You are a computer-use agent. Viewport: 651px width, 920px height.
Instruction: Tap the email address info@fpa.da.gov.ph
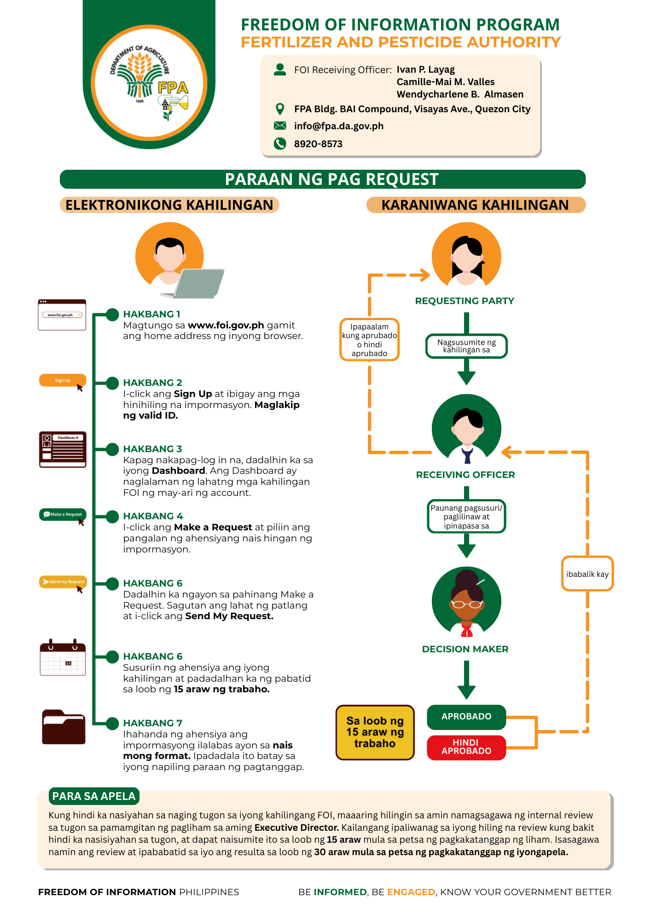click(x=338, y=126)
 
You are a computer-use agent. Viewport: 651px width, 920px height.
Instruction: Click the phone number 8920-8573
click(x=318, y=144)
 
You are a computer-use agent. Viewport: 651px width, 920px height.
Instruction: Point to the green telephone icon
click(x=280, y=144)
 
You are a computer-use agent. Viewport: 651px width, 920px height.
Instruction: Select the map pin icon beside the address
click(x=279, y=109)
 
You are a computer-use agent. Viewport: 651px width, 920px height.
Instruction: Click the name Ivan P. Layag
click(x=425, y=69)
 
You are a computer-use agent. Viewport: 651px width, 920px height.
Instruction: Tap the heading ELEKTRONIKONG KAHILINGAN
click(x=169, y=205)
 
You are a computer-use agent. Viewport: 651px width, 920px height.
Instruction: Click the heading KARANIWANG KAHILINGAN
click(x=475, y=205)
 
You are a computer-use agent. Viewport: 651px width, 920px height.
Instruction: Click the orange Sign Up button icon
click(x=63, y=380)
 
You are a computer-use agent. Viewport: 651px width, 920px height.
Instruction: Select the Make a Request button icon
click(x=63, y=514)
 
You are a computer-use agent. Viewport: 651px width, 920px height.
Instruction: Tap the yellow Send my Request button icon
click(x=63, y=582)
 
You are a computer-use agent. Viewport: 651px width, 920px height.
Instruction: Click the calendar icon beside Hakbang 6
click(x=63, y=658)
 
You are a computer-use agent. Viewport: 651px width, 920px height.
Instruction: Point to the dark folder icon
click(x=64, y=727)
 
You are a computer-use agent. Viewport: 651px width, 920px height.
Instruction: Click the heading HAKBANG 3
click(x=152, y=449)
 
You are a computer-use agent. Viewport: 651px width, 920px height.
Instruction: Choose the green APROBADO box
click(x=466, y=717)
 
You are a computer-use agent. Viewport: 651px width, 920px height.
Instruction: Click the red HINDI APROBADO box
click(x=466, y=747)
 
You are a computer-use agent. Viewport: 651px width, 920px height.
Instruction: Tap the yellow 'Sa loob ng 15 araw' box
click(x=375, y=732)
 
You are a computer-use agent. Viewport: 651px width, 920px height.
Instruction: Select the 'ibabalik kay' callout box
click(x=587, y=574)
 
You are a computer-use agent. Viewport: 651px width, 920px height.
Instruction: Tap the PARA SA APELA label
click(x=94, y=796)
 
